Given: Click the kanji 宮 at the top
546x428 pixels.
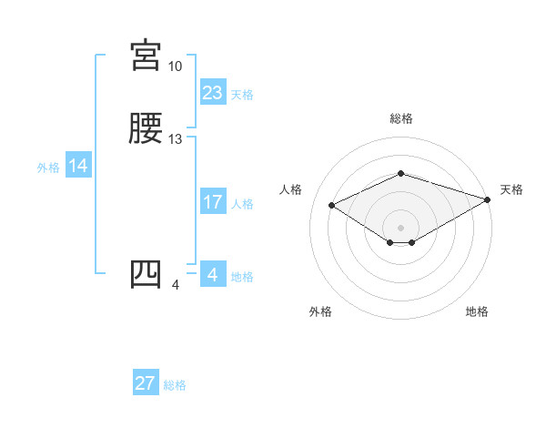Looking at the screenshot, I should pos(146,56).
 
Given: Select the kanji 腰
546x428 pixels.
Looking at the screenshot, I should pos(146,129).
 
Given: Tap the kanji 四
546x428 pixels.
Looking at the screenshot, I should pos(146,275).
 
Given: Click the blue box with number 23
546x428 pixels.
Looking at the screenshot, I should pos(213,93).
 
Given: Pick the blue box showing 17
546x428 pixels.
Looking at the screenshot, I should pos(213,202).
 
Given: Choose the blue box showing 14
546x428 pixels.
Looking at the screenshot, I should pos(78,166).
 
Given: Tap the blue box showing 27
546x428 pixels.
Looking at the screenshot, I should pos(146,383).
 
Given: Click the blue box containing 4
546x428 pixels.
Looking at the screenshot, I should pos(212,275).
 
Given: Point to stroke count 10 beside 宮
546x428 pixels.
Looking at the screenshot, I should pos(176,66).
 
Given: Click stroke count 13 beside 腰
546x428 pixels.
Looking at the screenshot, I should pos(176,139).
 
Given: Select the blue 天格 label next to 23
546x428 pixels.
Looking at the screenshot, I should pos(242,95).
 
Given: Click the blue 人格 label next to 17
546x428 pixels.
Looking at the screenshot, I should pos(242,204).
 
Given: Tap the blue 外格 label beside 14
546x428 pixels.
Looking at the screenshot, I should pos(48,168).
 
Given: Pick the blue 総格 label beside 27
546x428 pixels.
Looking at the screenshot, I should pos(176,385).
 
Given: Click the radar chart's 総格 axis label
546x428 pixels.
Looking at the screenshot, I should pos(401,118).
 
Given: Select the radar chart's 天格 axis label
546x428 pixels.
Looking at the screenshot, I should pos(511,189).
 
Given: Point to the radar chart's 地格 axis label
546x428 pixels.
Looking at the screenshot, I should pos(477,311).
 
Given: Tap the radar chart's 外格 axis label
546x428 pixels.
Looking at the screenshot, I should pos(320,311).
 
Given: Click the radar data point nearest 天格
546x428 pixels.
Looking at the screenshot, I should pos(489,199).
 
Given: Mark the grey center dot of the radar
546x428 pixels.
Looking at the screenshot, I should pos(401,227).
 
